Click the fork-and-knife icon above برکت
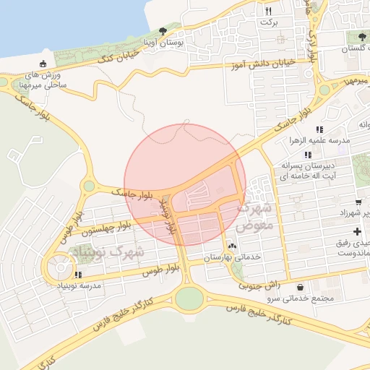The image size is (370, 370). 269,11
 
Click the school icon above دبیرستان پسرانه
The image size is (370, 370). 309,155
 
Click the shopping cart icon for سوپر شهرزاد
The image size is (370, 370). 358,202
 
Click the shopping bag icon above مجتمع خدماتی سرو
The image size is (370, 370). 299,286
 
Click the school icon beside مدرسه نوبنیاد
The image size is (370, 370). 78,275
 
